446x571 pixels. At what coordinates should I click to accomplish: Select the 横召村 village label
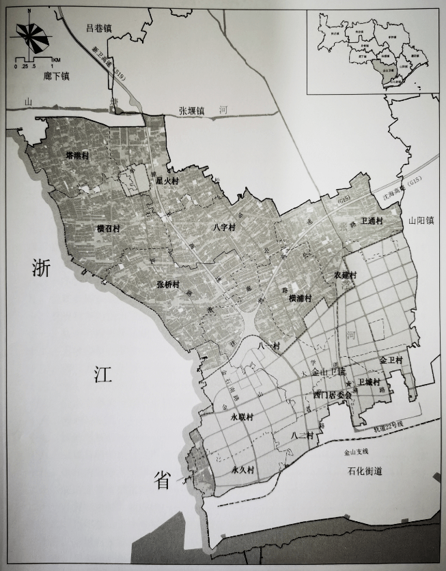pyautogui.click(x=109, y=228)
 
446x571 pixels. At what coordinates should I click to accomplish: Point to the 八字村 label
pyautogui.click(x=224, y=227)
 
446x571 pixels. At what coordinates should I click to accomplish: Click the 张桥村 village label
pyautogui.click(x=168, y=284)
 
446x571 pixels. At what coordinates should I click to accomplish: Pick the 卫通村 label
pyautogui.click(x=372, y=222)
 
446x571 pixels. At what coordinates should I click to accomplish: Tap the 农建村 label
pyautogui.click(x=345, y=274)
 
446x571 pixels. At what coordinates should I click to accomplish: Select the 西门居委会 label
pyautogui.click(x=332, y=395)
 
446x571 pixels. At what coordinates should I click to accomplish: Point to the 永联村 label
pyautogui.click(x=242, y=416)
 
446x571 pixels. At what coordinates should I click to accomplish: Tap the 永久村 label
pyautogui.click(x=243, y=470)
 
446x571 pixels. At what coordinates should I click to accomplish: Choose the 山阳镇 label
pyautogui.click(x=421, y=220)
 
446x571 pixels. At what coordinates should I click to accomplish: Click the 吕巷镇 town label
pyautogui.click(x=98, y=27)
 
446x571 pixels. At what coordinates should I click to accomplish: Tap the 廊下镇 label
pyautogui.click(x=56, y=76)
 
